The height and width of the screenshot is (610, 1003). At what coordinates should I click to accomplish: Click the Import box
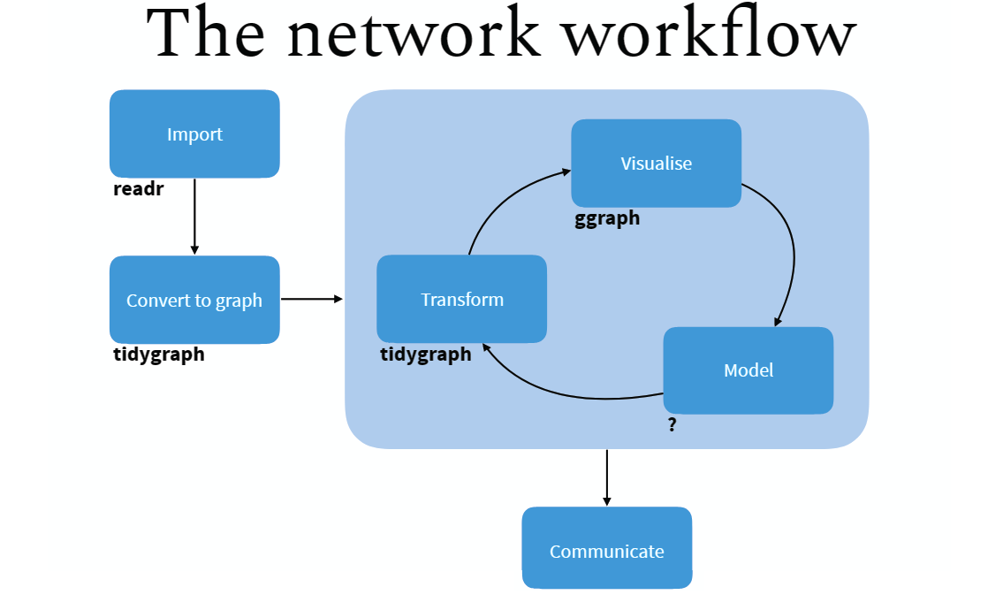(x=194, y=134)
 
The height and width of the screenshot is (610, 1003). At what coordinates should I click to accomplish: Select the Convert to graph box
(x=194, y=301)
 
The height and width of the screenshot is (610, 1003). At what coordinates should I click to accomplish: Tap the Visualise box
(x=656, y=164)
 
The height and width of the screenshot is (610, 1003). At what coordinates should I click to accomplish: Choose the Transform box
(x=461, y=300)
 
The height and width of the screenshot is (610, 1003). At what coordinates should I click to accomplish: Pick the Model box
(x=748, y=370)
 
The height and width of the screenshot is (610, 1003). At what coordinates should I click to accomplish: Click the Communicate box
(x=606, y=552)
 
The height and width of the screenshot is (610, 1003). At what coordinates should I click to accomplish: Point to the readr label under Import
(x=139, y=189)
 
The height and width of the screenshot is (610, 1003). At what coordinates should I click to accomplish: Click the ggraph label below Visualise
(x=607, y=219)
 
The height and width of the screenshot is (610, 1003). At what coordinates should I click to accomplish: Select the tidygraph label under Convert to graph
(x=159, y=355)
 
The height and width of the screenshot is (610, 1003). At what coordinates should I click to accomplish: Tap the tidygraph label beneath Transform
(x=426, y=355)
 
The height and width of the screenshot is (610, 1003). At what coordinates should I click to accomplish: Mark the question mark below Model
(x=672, y=425)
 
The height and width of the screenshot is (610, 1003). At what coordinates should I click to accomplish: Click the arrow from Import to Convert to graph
(x=194, y=217)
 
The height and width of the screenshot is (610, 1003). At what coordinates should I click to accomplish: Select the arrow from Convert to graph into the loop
(x=311, y=300)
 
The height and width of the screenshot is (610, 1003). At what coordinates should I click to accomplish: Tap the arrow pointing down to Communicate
(x=606, y=477)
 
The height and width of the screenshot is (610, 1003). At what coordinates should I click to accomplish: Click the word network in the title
(x=413, y=35)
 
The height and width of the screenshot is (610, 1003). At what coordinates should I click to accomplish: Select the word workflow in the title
(x=710, y=35)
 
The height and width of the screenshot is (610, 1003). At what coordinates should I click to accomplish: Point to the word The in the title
(x=209, y=35)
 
